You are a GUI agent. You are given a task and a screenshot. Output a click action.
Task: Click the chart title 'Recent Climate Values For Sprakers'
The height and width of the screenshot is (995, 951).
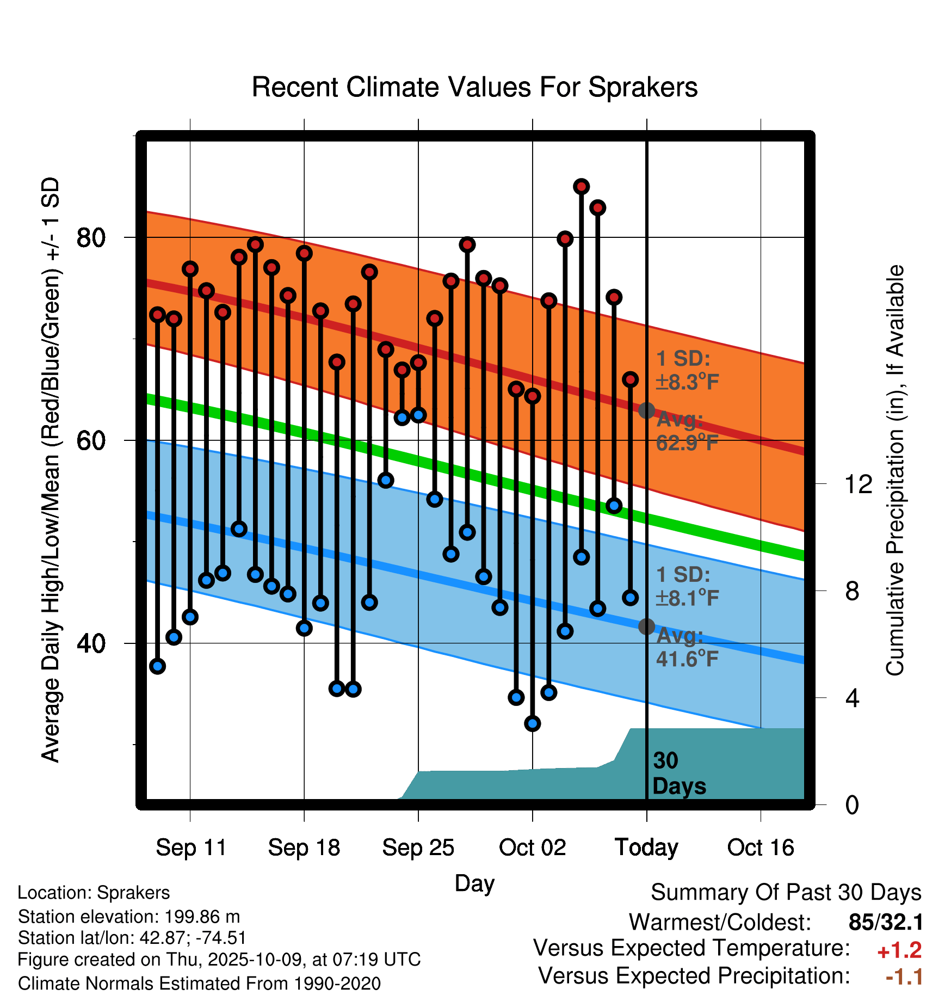pyautogui.click(x=474, y=87)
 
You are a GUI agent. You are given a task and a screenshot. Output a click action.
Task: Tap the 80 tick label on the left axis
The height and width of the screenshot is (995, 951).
pyautogui.click(x=91, y=237)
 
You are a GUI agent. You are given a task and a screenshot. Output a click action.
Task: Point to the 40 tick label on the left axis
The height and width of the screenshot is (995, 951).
pyautogui.click(x=91, y=643)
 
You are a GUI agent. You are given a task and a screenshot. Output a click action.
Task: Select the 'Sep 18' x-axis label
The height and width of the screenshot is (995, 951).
pyautogui.click(x=304, y=847)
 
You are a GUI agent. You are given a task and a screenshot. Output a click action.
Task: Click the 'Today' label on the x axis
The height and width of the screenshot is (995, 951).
pyautogui.click(x=646, y=847)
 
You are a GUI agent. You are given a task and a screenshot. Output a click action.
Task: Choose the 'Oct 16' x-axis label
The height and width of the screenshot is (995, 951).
pyautogui.click(x=761, y=847)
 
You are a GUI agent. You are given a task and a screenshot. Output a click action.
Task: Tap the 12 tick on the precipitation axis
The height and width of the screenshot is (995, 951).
pyautogui.click(x=858, y=484)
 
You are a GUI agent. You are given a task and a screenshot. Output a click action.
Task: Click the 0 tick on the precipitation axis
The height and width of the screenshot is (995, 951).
pyautogui.click(x=852, y=804)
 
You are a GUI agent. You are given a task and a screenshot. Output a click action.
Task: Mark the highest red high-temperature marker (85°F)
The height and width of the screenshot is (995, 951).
pyautogui.click(x=582, y=187)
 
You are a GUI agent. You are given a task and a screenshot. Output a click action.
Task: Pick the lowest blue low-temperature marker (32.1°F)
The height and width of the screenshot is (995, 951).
pyautogui.click(x=533, y=723)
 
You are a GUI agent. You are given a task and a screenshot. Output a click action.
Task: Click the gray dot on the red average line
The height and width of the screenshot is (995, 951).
pyautogui.click(x=646, y=410)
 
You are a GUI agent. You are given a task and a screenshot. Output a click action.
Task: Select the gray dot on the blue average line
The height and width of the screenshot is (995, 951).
pyautogui.click(x=646, y=627)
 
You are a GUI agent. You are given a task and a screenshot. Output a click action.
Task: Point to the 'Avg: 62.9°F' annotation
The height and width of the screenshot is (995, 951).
pyautogui.click(x=687, y=432)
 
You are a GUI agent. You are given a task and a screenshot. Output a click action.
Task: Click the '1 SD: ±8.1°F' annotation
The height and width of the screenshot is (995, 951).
pyautogui.click(x=687, y=586)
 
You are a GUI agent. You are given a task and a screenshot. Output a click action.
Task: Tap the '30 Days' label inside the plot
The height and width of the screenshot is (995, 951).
pyautogui.click(x=678, y=773)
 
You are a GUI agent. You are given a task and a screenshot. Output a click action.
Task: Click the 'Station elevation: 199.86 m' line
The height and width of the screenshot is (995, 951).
pyautogui.click(x=129, y=917)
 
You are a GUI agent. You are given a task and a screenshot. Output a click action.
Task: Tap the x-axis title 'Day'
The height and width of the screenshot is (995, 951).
pyautogui.click(x=474, y=883)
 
